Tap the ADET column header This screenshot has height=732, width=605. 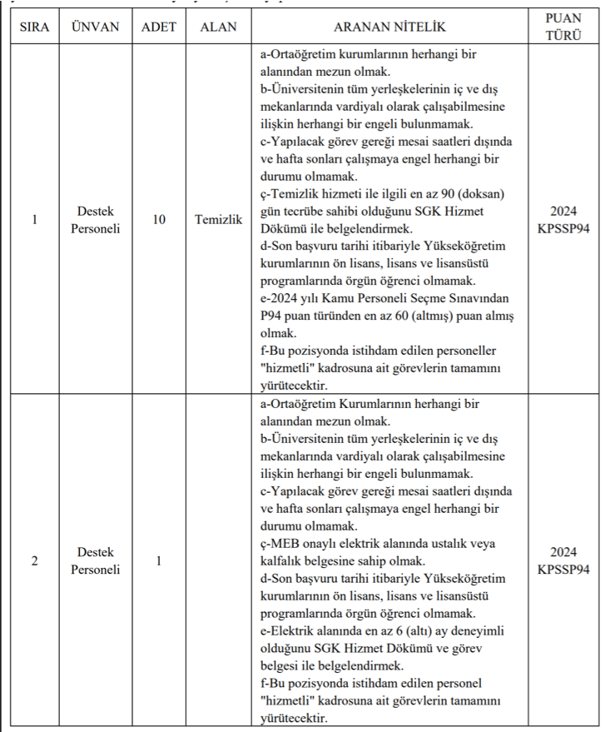click(159, 27)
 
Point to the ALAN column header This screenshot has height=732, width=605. click(218, 27)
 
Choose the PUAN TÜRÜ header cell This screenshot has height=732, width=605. click(563, 27)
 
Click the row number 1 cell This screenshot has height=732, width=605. click(34, 220)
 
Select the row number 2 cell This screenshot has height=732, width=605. click(34, 561)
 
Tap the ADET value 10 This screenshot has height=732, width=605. click(159, 220)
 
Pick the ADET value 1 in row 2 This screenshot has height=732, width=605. click(159, 561)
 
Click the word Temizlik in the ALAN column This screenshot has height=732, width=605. click(218, 220)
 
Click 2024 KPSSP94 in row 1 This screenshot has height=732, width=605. click(563, 220)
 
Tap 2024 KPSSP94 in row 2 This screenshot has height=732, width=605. click(563, 561)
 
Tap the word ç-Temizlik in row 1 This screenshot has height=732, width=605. click(289, 194)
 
